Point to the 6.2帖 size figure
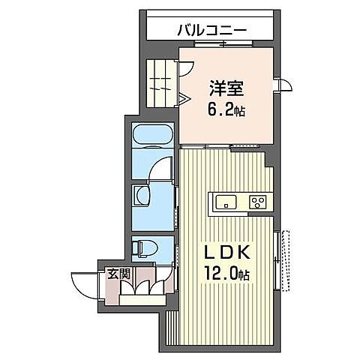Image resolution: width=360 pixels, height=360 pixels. [226, 109]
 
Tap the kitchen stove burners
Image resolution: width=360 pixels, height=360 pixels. [257, 201]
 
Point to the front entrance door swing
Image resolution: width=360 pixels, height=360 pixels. [87, 281]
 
